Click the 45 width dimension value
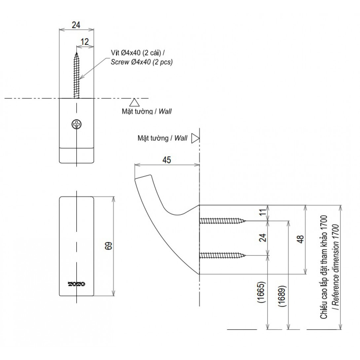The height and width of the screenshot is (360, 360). [167, 160]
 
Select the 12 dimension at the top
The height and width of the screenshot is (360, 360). [85, 42]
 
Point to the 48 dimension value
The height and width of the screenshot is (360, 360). [300, 240]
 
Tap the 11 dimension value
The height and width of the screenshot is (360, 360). [263, 212]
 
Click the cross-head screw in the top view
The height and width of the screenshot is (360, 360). [77, 125]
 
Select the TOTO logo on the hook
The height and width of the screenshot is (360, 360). [77, 284]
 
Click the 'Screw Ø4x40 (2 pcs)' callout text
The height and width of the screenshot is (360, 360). [142, 61]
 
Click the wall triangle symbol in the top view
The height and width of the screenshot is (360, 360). [134, 102]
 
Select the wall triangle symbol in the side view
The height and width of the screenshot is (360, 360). [195, 138]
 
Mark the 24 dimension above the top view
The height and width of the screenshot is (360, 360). [76, 25]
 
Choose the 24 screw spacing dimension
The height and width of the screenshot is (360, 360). [263, 238]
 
